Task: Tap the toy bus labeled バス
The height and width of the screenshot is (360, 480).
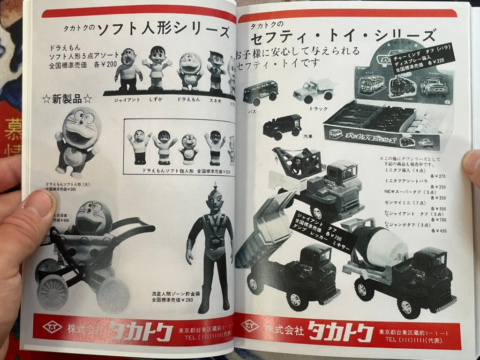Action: point(260,92)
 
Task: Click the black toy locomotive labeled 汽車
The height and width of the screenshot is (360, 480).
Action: point(282,126)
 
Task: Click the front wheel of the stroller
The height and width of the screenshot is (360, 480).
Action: point(52,292)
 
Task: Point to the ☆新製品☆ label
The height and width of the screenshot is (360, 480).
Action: point(67,99)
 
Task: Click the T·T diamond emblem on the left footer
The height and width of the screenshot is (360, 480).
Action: point(52,326)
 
